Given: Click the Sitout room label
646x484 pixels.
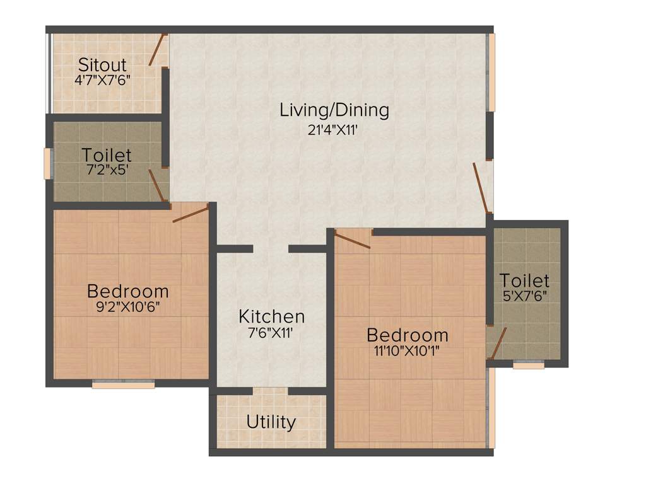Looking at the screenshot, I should click(x=102, y=65).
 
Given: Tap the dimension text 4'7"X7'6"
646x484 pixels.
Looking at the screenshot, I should click(x=102, y=80).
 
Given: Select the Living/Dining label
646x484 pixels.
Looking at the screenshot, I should click(x=334, y=110).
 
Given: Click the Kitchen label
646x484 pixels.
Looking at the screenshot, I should click(x=272, y=316).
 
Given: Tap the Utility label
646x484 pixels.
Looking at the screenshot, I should click(x=271, y=422).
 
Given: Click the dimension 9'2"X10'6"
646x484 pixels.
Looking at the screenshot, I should click(x=128, y=308).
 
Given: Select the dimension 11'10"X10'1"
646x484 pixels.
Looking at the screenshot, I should click(x=407, y=351).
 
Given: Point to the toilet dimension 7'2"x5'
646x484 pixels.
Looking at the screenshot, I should click(x=106, y=170).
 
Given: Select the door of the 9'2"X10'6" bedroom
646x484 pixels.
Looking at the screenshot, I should click(x=190, y=213).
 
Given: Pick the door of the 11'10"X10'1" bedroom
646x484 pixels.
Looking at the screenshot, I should click(x=352, y=240).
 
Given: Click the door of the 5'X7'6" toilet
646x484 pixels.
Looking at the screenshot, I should click(x=498, y=343).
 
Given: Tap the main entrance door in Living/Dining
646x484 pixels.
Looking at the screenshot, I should click(x=481, y=187).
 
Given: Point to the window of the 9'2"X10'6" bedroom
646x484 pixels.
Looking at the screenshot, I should click(x=124, y=384).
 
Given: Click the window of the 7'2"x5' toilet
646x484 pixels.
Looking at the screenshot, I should click(x=46, y=164).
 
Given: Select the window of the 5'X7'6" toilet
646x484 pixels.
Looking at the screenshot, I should click(x=528, y=365).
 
